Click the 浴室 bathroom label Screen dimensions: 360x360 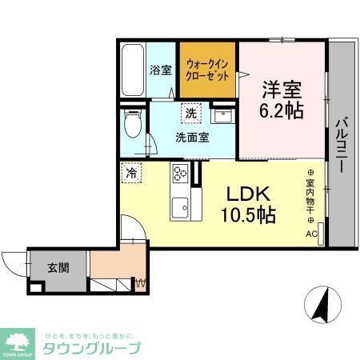point(161,70)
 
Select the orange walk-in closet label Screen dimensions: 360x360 point(207,69)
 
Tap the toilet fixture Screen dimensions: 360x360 point(133,123)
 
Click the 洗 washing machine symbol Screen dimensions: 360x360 point(190,114)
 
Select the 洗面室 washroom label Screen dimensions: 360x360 point(192,137)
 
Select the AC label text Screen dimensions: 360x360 point(310,234)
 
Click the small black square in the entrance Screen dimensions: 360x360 point(34,286)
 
